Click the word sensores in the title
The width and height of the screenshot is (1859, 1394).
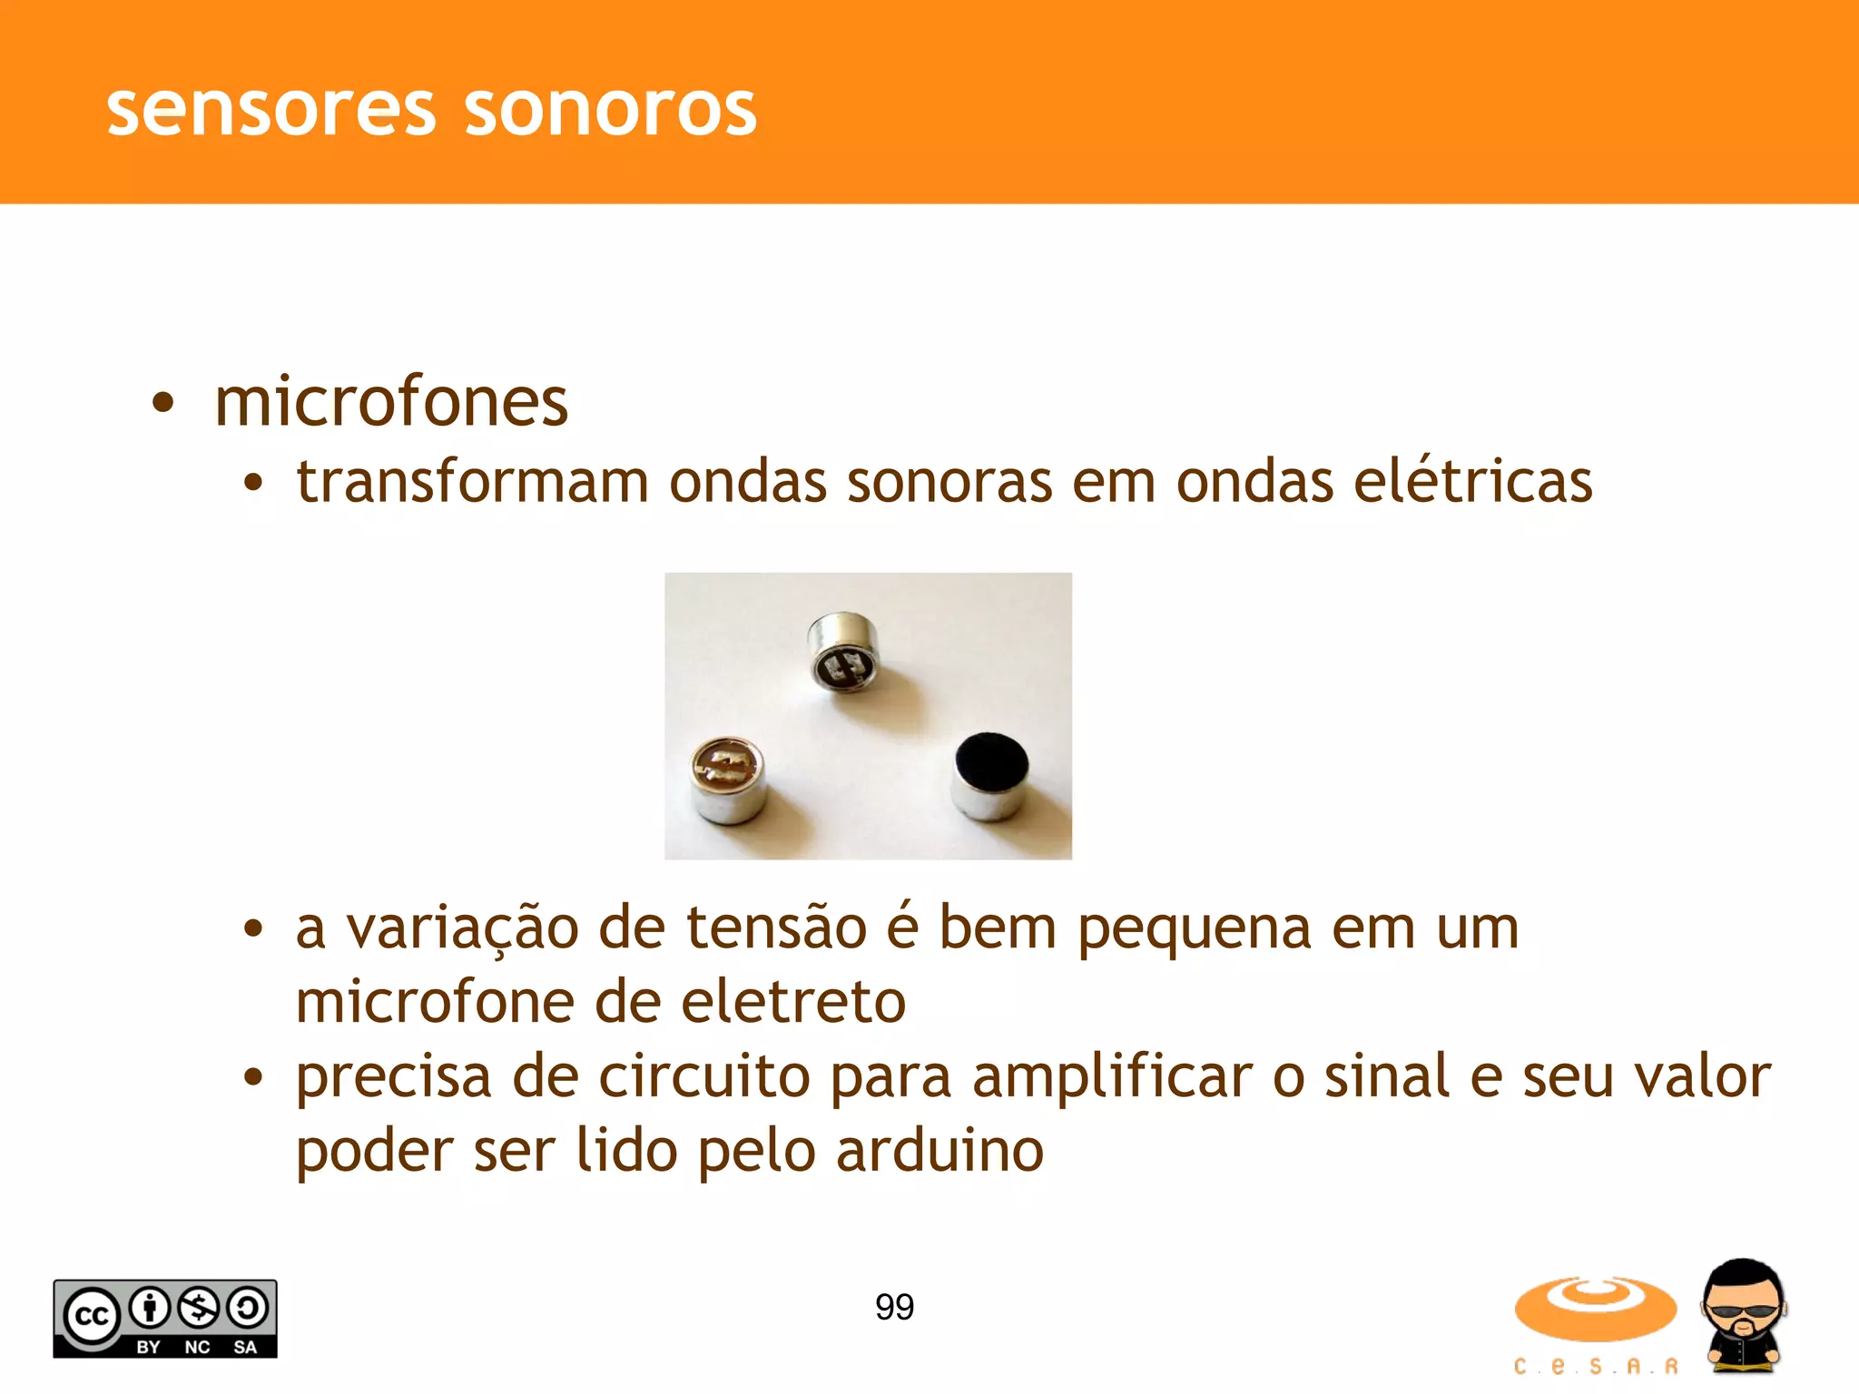point(271,110)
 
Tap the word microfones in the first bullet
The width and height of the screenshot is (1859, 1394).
point(391,402)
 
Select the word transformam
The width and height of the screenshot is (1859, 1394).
point(473,481)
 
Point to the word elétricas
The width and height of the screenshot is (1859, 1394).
point(1473,481)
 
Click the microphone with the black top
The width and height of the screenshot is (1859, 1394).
point(991,775)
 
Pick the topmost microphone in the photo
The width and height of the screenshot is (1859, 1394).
point(844,651)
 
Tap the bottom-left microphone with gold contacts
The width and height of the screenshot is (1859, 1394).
point(727,779)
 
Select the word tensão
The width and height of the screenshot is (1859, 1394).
point(776,929)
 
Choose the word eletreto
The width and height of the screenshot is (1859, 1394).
point(792,1003)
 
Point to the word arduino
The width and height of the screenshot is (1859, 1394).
point(939,1152)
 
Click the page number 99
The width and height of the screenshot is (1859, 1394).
point(894,1307)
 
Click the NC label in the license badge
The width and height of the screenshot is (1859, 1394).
point(197,1347)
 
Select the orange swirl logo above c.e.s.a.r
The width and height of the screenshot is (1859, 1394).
point(1595,1308)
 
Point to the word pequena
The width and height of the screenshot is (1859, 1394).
point(1195,929)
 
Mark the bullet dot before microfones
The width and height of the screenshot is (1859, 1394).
point(162,403)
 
